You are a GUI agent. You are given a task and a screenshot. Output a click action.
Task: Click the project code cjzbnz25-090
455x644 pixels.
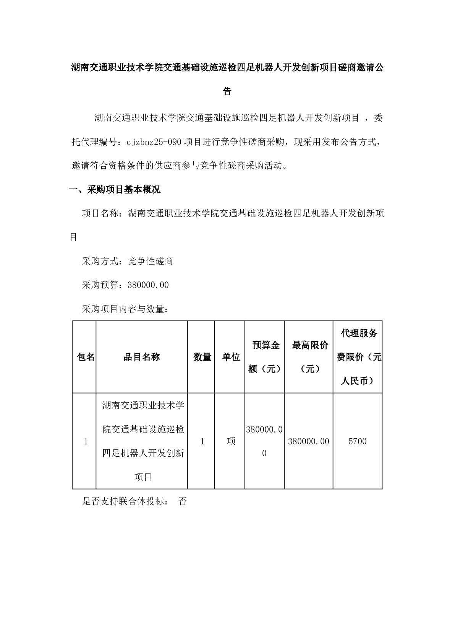coord(154,142)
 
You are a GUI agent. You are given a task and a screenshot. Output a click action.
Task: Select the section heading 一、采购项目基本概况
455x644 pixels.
coord(115,190)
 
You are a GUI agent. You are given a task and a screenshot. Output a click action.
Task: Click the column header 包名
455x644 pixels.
coord(86,357)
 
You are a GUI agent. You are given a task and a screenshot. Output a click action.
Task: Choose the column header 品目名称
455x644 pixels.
coord(142,357)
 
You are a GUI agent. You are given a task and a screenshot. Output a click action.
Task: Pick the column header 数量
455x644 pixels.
coord(202,357)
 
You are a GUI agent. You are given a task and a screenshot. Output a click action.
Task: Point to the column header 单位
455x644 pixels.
coord(231,357)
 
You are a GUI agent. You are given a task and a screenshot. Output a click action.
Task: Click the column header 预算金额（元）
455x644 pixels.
coord(265,357)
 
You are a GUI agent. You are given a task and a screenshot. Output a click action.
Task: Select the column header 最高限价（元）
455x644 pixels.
coord(309,357)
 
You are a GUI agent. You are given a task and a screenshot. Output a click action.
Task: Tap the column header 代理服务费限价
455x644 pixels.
coord(358,357)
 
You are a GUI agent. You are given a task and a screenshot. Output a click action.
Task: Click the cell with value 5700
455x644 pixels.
coord(358,441)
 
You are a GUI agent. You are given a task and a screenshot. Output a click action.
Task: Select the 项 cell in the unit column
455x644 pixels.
coord(231,441)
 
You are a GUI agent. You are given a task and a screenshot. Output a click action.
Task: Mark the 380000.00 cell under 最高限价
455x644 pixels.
coord(309,441)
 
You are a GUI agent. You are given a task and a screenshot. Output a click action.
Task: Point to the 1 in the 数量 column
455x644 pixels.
coord(202,441)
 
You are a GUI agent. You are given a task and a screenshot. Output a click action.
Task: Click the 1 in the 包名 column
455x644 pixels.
coord(86,441)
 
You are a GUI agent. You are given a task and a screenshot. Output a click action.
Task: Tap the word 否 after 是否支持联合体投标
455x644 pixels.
coord(183,501)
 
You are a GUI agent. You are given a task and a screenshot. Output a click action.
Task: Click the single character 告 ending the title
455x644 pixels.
coord(227,91)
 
